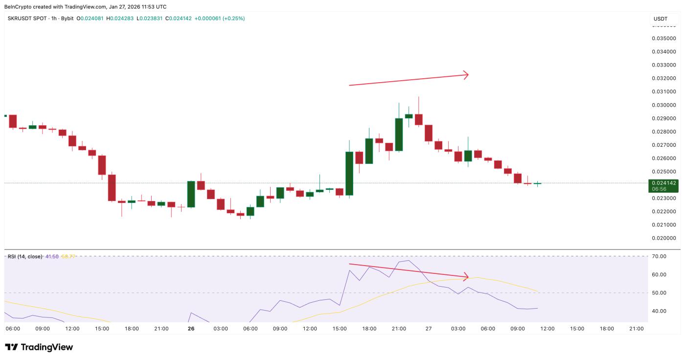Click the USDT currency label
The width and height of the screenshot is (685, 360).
click(x=660, y=19)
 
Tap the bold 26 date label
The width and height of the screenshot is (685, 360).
click(x=191, y=329)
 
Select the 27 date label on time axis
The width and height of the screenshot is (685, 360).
click(x=429, y=329)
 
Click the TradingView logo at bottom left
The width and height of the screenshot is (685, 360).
click(x=39, y=347)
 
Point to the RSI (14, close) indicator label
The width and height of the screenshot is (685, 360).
click(x=25, y=256)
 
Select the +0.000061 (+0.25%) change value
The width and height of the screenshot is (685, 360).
click(x=220, y=19)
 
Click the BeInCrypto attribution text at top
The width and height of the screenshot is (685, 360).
click(x=85, y=7)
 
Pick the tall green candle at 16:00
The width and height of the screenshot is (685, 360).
click(x=349, y=173)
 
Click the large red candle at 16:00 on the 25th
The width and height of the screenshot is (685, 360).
click(x=112, y=187)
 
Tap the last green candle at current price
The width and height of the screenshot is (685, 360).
click(x=537, y=183)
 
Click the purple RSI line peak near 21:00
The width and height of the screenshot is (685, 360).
click(x=408, y=260)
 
